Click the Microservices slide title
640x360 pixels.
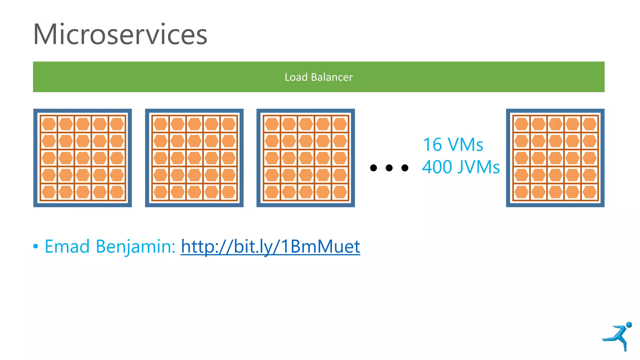tap(120, 34)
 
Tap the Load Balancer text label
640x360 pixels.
tap(318, 77)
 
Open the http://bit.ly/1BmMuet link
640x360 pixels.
tap(270, 247)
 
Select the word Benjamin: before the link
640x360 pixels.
tap(135, 247)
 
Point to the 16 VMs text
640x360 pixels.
tap(453, 145)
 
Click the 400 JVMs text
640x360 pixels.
tap(461, 167)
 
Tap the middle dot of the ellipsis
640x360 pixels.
tap(389, 168)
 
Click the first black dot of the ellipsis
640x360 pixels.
tap(373, 168)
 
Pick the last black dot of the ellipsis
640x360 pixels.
tap(405, 168)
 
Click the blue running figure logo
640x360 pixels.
tap(617, 337)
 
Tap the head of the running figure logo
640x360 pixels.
tap(629, 325)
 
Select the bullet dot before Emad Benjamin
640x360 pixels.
tap(36, 247)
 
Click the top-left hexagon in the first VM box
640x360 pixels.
tap(49, 124)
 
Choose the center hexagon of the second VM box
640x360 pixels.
tap(194, 158)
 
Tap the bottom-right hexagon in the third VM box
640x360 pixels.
tap(340, 192)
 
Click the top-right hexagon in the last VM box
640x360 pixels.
tap(589, 124)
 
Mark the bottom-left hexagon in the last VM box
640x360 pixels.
tap(521, 192)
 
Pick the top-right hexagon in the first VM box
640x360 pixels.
tap(117, 124)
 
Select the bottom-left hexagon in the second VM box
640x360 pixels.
tap(160, 192)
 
